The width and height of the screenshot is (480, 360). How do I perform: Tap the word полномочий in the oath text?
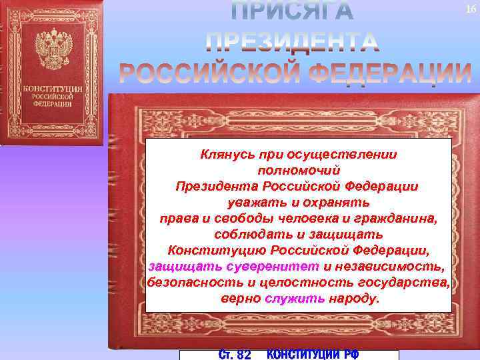[298, 170]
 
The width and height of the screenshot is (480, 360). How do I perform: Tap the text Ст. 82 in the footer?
[235, 355]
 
